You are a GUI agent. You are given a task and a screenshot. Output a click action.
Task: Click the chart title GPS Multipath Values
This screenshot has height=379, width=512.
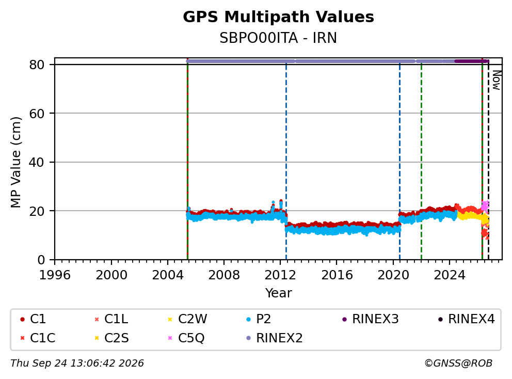click(278, 17)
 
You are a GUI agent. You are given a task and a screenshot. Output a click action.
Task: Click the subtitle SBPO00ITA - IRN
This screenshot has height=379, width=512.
click(278, 38)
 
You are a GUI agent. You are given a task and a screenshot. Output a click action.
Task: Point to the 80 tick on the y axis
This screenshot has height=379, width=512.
click(37, 65)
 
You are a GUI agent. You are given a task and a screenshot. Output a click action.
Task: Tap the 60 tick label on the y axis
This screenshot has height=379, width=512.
click(37, 114)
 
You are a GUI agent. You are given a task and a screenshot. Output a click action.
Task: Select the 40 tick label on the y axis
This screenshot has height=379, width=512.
click(37, 162)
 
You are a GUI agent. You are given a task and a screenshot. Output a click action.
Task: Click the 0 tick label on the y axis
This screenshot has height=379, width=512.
click(41, 260)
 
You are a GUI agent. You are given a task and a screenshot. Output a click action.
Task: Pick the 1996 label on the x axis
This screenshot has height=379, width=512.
click(55, 275)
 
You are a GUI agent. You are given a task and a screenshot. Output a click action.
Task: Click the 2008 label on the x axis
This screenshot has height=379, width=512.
click(224, 275)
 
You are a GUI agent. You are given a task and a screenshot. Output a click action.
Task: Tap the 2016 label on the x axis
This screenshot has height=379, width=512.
click(337, 275)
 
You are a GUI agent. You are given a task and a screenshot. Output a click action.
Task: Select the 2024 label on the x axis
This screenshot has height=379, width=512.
click(450, 275)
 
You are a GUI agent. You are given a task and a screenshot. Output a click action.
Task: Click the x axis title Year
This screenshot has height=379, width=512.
click(278, 293)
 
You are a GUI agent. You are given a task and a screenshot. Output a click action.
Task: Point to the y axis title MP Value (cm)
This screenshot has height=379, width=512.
click(15, 162)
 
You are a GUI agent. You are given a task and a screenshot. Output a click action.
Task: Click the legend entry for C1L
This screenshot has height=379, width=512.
click(111, 319)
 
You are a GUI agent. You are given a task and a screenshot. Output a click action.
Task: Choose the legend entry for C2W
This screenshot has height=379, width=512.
click(188, 319)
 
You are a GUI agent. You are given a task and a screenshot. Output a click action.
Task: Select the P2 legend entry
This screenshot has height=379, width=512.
click(259, 319)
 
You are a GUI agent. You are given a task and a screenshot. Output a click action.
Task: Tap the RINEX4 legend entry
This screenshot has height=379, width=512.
click(467, 319)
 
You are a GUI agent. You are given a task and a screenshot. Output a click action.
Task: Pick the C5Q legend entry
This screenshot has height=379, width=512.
click(186, 338)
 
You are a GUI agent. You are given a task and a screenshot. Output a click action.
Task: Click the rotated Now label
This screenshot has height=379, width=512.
click(497, 81)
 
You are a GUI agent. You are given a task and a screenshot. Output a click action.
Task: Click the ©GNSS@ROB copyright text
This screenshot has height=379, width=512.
click(458, 363)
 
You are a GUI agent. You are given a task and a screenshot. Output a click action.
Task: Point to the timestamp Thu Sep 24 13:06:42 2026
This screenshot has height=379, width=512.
click(77, 363)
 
